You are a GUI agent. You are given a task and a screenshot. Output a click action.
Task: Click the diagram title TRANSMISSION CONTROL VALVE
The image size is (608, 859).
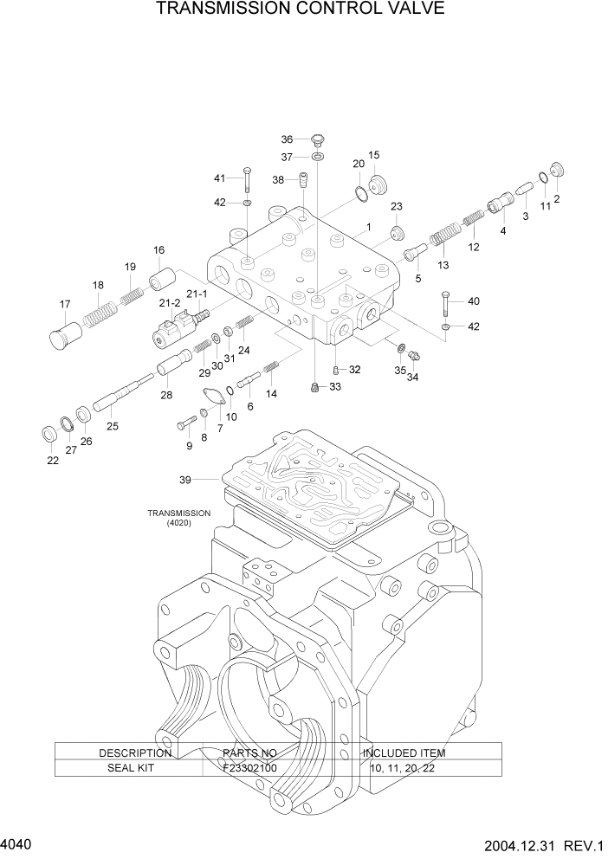click(x=301, y=10)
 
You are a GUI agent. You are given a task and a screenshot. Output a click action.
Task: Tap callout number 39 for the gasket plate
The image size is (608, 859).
click(x=184, y=478)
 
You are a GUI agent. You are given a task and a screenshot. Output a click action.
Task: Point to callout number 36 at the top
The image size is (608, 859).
click(x=287, y=139)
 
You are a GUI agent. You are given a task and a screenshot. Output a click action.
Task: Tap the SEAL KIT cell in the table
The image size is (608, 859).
click(x=130, y=767)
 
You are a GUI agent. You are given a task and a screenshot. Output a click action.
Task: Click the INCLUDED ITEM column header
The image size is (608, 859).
click(x=404, y=752)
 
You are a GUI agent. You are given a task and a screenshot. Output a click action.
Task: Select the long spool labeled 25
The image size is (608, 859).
click(x=120, y=397)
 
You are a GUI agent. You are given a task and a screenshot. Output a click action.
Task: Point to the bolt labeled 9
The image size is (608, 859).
click(x=187, y=424)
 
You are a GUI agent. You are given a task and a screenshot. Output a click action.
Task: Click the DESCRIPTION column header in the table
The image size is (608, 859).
click(x=135, y=752)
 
